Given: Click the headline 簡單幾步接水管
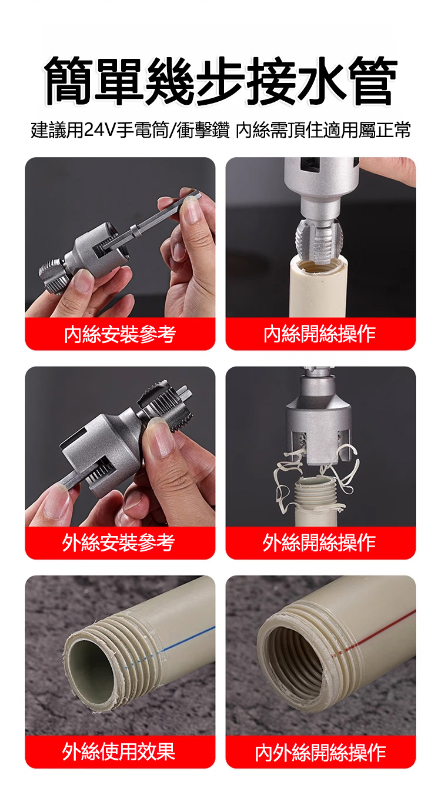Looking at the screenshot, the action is pyautogui.click(x=220, y=81).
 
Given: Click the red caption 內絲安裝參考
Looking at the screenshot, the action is pyautogui.click(x=120, y=334).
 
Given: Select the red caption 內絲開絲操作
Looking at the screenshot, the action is pyautogui.click(x=319, y=334).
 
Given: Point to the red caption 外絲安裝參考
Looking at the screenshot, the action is pyautogui.click(x=119, y=543).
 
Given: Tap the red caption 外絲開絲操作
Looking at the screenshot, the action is pyautogui.click(x=319, y=543).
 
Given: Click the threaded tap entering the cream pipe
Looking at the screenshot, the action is pyautogui.click(x=319, y=241).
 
